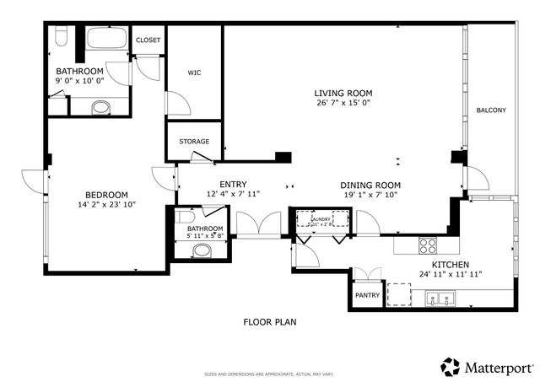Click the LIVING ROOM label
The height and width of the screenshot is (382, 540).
(343, 94)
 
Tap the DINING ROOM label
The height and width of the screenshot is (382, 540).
(370, 185)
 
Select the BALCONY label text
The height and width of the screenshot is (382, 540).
(491, 110)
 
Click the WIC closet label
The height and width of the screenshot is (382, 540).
(193, 73)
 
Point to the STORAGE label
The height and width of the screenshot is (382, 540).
(194, 141)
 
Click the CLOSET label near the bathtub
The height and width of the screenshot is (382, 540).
(148, 40)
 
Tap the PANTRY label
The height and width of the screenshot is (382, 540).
(367, 295)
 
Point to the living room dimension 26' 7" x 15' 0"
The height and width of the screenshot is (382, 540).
(343, 103)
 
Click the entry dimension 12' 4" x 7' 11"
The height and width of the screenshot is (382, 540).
(233, 194)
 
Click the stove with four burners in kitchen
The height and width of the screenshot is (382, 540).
(429, 245)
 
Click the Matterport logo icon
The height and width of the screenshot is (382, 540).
(450, 367)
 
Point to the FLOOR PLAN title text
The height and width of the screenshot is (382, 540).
(269, 321)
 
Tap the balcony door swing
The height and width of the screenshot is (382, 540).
(476, 179)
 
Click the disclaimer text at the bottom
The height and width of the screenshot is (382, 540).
(269, 374)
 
